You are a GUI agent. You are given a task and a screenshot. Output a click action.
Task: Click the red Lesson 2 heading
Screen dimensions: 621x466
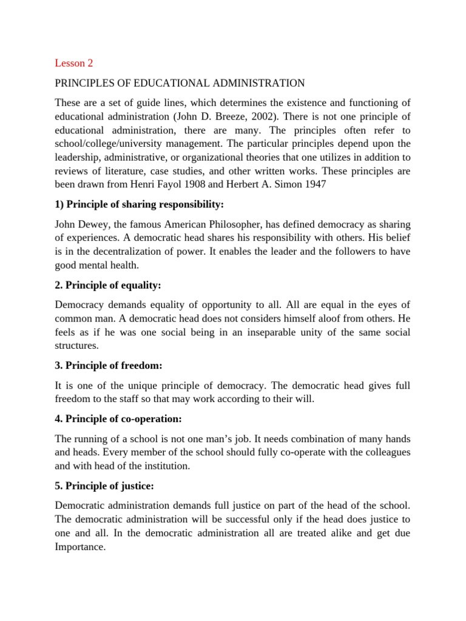coord(74,63)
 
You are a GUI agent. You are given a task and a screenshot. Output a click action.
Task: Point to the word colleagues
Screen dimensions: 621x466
coord(385,453)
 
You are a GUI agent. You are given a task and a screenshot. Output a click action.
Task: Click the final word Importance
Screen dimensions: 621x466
coord(80,546)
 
